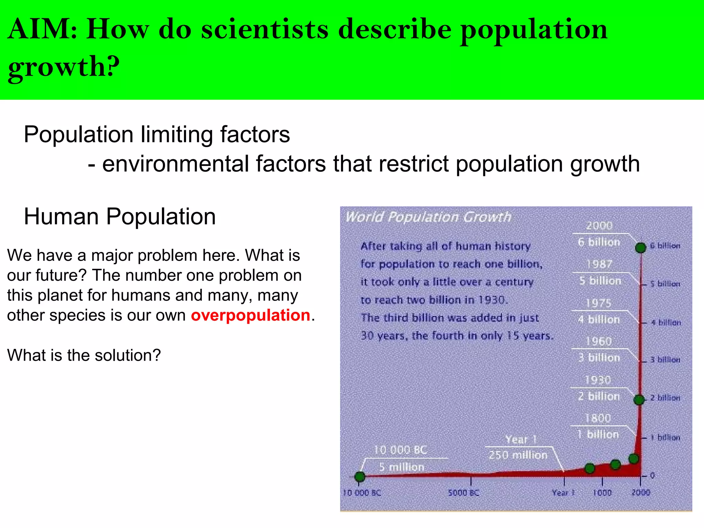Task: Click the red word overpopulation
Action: point(251,315)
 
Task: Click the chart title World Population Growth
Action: point(428,217)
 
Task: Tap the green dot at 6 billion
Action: point(641,247)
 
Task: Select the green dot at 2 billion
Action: point(639,400)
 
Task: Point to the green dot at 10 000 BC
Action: point(360,477)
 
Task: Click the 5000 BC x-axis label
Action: point(463,493)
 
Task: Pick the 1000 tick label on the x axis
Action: point(602,493)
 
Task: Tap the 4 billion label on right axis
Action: point(665,322)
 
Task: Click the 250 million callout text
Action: point(518,455)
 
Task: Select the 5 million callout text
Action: point(402,467)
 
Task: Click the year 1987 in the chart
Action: point(599,264)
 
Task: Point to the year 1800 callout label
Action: point(598,418)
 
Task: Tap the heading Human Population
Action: point(120,217)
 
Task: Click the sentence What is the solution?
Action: point(84,355)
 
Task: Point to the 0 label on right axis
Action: point(652,476)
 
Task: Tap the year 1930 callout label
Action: point(598,380)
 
